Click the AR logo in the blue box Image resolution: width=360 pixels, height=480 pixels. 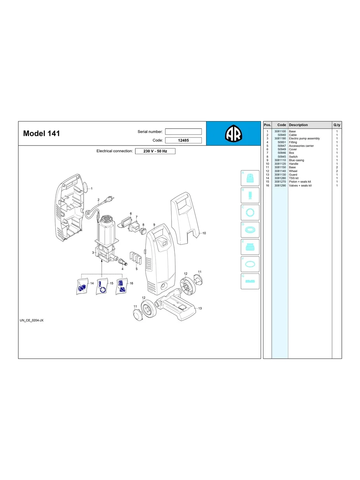(x=233, y=133)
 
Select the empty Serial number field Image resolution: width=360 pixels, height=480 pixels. (x=183, y=132)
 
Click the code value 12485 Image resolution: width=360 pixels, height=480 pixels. (x=183, y=140)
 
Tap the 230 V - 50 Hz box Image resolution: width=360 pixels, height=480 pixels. (x=155, y=151)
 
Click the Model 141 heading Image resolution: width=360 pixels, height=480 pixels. (x=41, y=133)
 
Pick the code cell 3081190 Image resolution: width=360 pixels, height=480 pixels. (x=280, y=138)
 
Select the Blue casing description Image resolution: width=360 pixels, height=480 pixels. (x=296, y=160)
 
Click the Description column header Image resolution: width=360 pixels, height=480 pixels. (x=298, y=125)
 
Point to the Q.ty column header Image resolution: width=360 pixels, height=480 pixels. (x=337, y=125)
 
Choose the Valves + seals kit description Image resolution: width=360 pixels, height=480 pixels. (x=300, y=186)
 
